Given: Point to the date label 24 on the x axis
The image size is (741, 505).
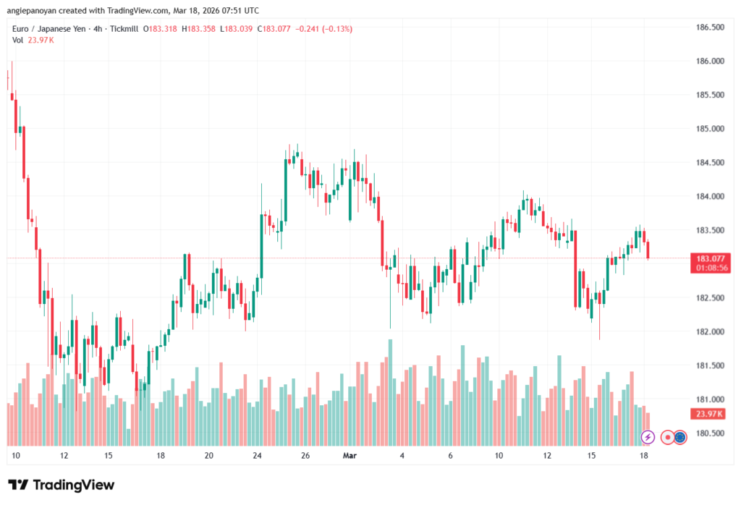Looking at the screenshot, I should [258, 456].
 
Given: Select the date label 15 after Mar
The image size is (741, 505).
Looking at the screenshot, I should [591, 456].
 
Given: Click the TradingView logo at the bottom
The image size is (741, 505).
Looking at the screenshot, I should [62, 484].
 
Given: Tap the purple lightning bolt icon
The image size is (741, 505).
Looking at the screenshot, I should [648, 437].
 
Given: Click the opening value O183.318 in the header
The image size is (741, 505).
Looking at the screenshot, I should [160, 29].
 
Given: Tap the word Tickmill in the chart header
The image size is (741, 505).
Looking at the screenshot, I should [122, 29].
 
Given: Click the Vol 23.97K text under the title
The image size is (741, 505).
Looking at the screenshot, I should [33, 40].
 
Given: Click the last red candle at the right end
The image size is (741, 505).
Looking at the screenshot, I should [648, 250].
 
